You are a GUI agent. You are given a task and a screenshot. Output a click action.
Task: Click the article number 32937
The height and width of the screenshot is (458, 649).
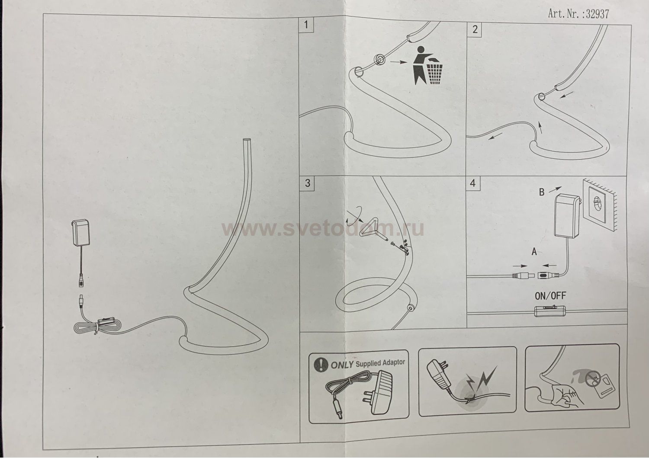coord(597,13)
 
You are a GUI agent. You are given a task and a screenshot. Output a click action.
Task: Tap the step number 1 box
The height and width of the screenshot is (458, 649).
coord(306,25)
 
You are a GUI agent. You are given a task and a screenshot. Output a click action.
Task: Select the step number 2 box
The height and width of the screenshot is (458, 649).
coord(474,29)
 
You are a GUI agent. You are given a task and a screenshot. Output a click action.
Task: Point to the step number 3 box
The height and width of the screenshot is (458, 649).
coord(307,183)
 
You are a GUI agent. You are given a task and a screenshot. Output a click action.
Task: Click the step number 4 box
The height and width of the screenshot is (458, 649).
coord(473,183)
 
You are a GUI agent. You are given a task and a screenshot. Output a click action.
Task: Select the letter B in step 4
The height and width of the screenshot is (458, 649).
coord(542,192)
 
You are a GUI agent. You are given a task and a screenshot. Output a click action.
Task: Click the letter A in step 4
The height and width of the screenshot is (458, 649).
coord(534,252)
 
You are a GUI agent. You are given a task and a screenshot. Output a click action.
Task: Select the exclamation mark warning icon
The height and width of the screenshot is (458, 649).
coord(321,365)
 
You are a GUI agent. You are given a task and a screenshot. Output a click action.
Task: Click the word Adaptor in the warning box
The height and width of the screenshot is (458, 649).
coord(393,362)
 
